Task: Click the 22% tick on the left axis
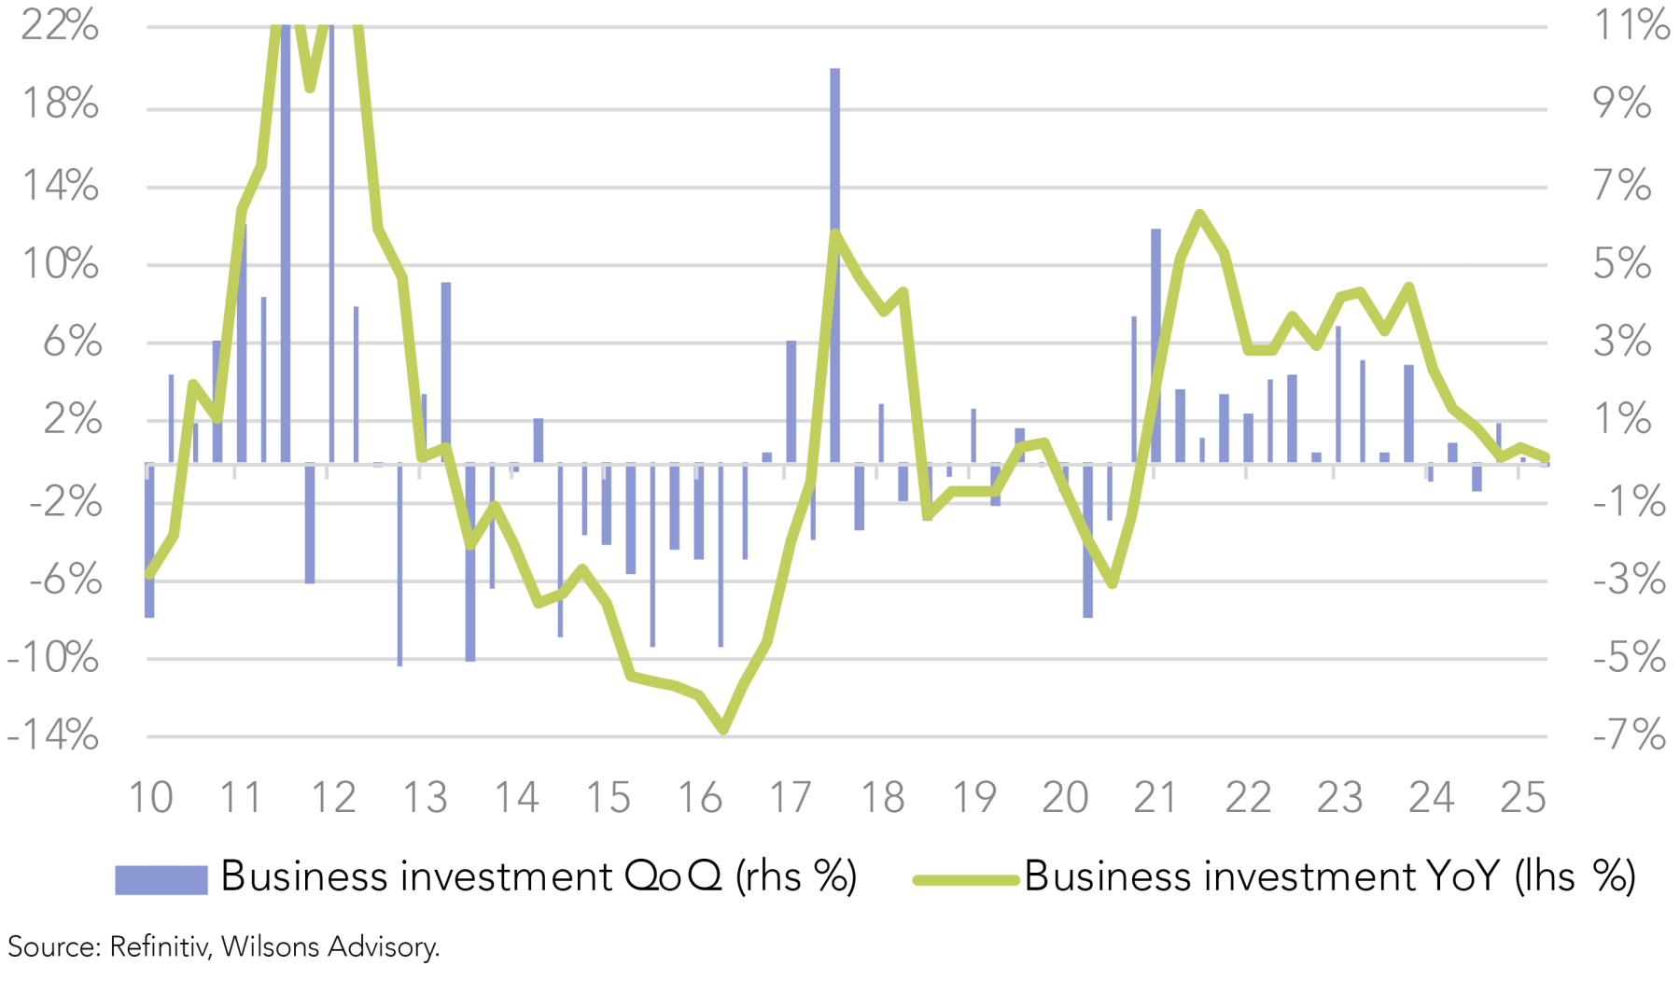(x=60, y=25)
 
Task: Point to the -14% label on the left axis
(x=53, y=735)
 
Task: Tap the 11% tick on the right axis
(x=1631, y=25)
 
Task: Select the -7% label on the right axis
(x=1629, y=735)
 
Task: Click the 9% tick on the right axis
(x=1622, y=104)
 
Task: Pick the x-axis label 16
(x=699, y=798)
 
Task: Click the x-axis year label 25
(x=1522, y=798)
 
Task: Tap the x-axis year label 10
(x=150, y=798)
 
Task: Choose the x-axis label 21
(x=1155, y=798)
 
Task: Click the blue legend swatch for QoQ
(x=161, y=879)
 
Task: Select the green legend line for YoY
(x=965, y=879)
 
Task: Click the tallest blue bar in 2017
(x=834, y=261)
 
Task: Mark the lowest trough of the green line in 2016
(x=723, y=730)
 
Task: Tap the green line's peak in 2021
(x=1200, y=215)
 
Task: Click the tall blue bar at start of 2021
(x=1155, y=345)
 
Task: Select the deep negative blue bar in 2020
(x=1087, y=541)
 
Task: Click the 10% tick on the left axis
(x=61, y=264)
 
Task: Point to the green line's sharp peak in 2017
(x=835, y=233)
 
